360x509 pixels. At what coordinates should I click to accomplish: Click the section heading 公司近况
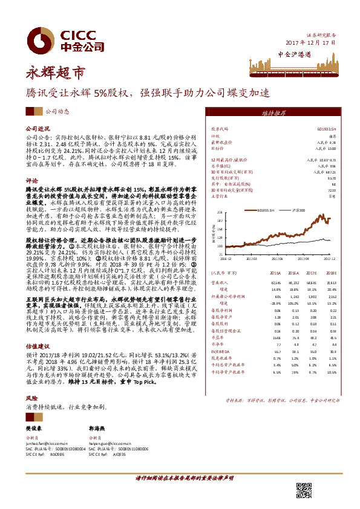pyautogui.click(x=37, y=129)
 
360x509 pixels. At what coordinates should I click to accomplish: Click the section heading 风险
pyautogui.click(x=31, y=399)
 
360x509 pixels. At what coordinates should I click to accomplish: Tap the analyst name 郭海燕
pyautogui.click(x=97, y=428)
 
